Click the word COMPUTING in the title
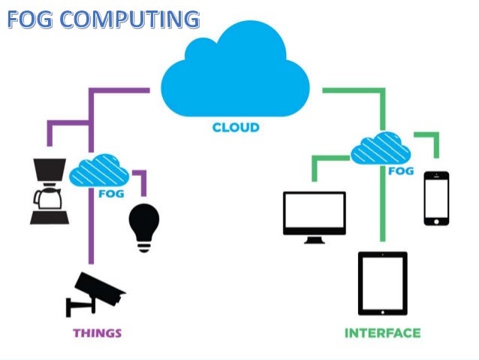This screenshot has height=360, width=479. (136, 18)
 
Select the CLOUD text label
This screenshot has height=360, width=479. (235, 128)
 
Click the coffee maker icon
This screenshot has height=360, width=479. (49, 192)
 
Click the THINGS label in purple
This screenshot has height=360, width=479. (97, 332)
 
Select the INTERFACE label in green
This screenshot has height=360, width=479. (382, 332)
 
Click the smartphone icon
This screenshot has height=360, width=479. (436, 198)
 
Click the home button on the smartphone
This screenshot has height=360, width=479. (436, 220)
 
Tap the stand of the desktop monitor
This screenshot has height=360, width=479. (314, 239)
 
